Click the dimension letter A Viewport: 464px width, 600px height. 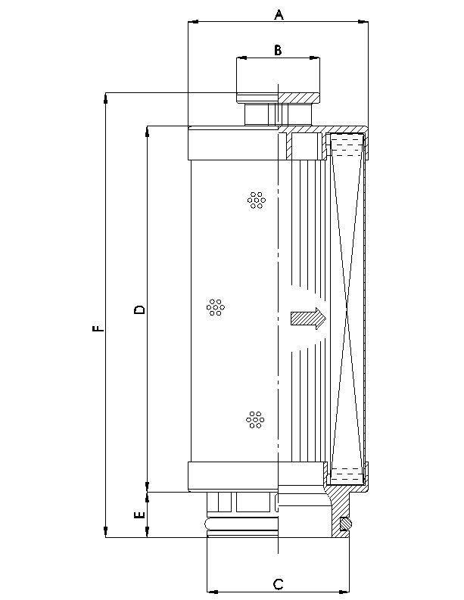pos(278,14)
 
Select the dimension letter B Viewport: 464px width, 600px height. pos(278,50)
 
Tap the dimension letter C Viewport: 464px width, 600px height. pos(278,583)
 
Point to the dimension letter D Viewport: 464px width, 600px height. pos(139,309)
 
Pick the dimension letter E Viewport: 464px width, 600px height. pos(139,515)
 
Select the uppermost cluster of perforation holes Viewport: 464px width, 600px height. pos(257,200)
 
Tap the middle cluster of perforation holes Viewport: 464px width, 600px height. pos(215,307)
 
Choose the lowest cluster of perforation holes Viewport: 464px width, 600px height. pos(255,419)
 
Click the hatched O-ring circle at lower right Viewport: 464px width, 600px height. pos(346,522)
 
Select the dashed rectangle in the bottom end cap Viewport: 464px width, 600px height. pos(347,474)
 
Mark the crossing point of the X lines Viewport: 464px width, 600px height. pos(347,310)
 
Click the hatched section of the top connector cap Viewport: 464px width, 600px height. pos(299,97)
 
